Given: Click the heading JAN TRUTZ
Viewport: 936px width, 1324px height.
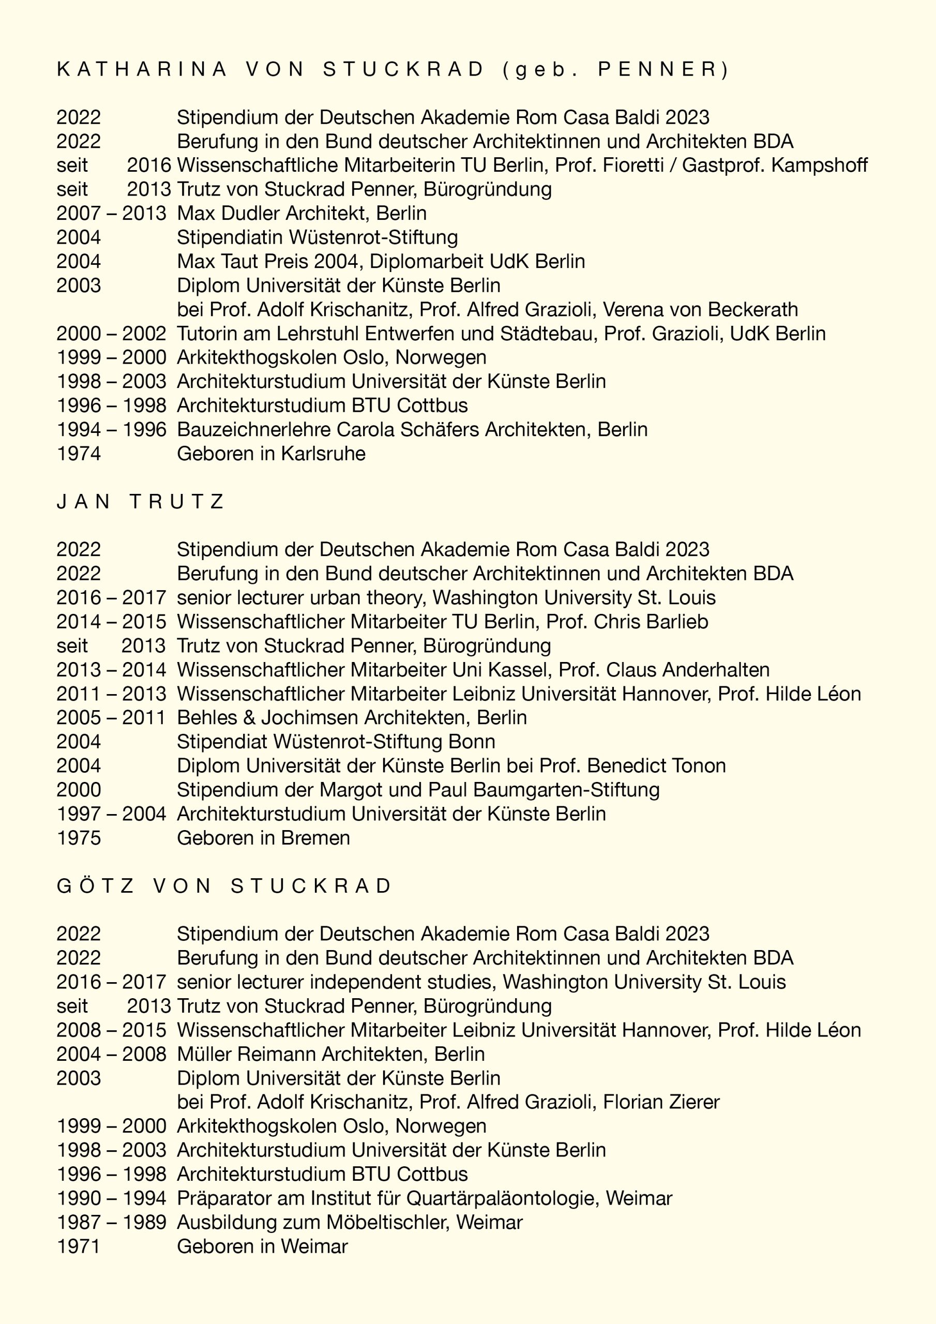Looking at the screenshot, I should click(x=140, y=502).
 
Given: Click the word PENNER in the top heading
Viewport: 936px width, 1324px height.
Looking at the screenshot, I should click(x=656, y=69).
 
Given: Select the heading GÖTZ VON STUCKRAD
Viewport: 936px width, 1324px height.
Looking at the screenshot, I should click(x=224, y=886).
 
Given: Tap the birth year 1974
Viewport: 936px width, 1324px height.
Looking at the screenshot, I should click(x=79, y=454).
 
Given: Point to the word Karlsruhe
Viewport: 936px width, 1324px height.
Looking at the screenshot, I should click(x=323, y=454).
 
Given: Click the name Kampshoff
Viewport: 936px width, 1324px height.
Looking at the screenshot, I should click(x=819, y=165).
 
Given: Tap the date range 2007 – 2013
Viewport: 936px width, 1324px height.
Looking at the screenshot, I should click(x=111, y=214).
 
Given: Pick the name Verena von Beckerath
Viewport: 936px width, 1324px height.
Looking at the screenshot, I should click(x=700, y=310).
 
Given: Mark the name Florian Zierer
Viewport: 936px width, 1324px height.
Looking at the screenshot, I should click(x=661, y=1103).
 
